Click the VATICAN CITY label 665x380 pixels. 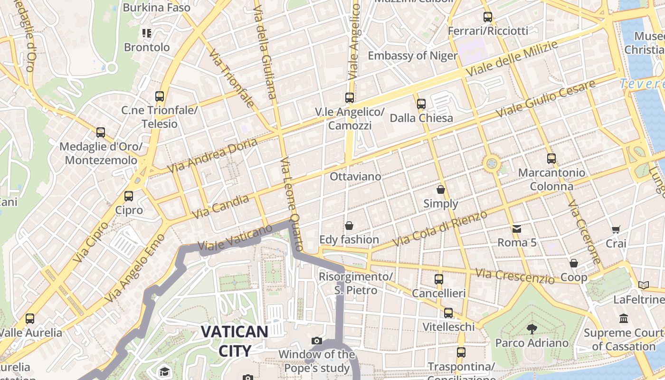click(x=234, y=341)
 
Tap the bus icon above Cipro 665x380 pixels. click(x=128, y=196)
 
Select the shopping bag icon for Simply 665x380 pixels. click(x=441, y=190)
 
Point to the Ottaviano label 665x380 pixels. click(x=355, y=177)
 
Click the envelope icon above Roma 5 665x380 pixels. click(x=517, y=229)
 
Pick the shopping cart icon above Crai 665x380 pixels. click(x=616, y=229)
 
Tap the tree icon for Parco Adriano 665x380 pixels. click(x=532, y=328)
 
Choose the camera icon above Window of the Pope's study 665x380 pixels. click(x=317, y=341)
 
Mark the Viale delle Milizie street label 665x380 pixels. click(x=512, y=59)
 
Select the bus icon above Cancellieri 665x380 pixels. click(x=439, y=279)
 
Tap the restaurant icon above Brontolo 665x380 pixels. click(x=147, y=33)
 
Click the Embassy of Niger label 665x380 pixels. click(x=412, y=56)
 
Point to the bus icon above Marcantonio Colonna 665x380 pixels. click(x=551, y=158)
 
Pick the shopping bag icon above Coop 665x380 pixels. click(x=574, y=263)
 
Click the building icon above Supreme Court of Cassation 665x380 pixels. click(x=624, y=318)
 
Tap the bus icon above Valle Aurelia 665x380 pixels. click(x=30, y=318)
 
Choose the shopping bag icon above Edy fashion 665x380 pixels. click(x=349, y=225)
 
